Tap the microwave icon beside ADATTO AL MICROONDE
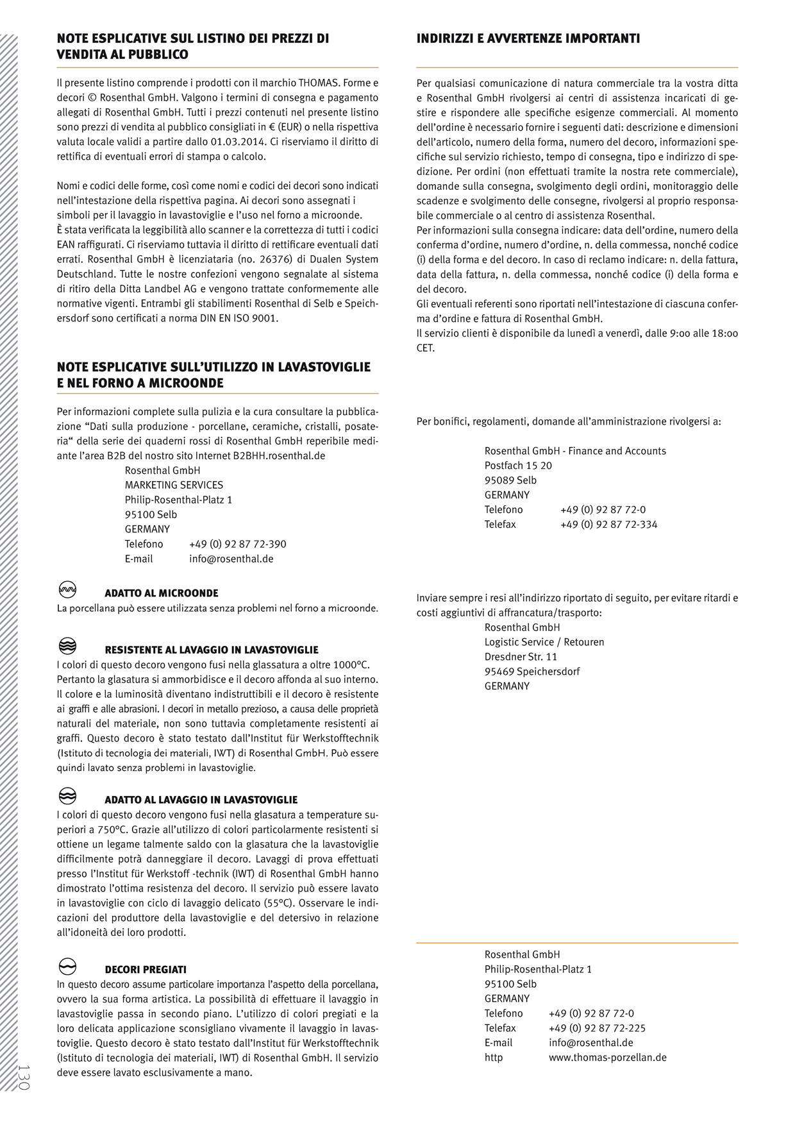(67, 590)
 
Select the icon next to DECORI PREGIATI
(67, 967)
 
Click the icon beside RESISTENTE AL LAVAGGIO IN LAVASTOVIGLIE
(67, 646)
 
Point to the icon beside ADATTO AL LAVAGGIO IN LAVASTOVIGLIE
(67, 796)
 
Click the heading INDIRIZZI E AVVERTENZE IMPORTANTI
(528, 39)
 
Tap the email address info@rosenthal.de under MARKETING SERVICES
(231, 559)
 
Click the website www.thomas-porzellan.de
(607, 1058)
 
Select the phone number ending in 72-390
(237, 544)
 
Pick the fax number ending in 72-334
(608, 525)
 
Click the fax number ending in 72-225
(597, 1028)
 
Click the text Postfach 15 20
(518, 466)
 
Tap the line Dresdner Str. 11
(521, 657)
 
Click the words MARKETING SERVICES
(174, 485)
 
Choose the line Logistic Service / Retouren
(544, 642)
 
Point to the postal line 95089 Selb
(510, 480)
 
